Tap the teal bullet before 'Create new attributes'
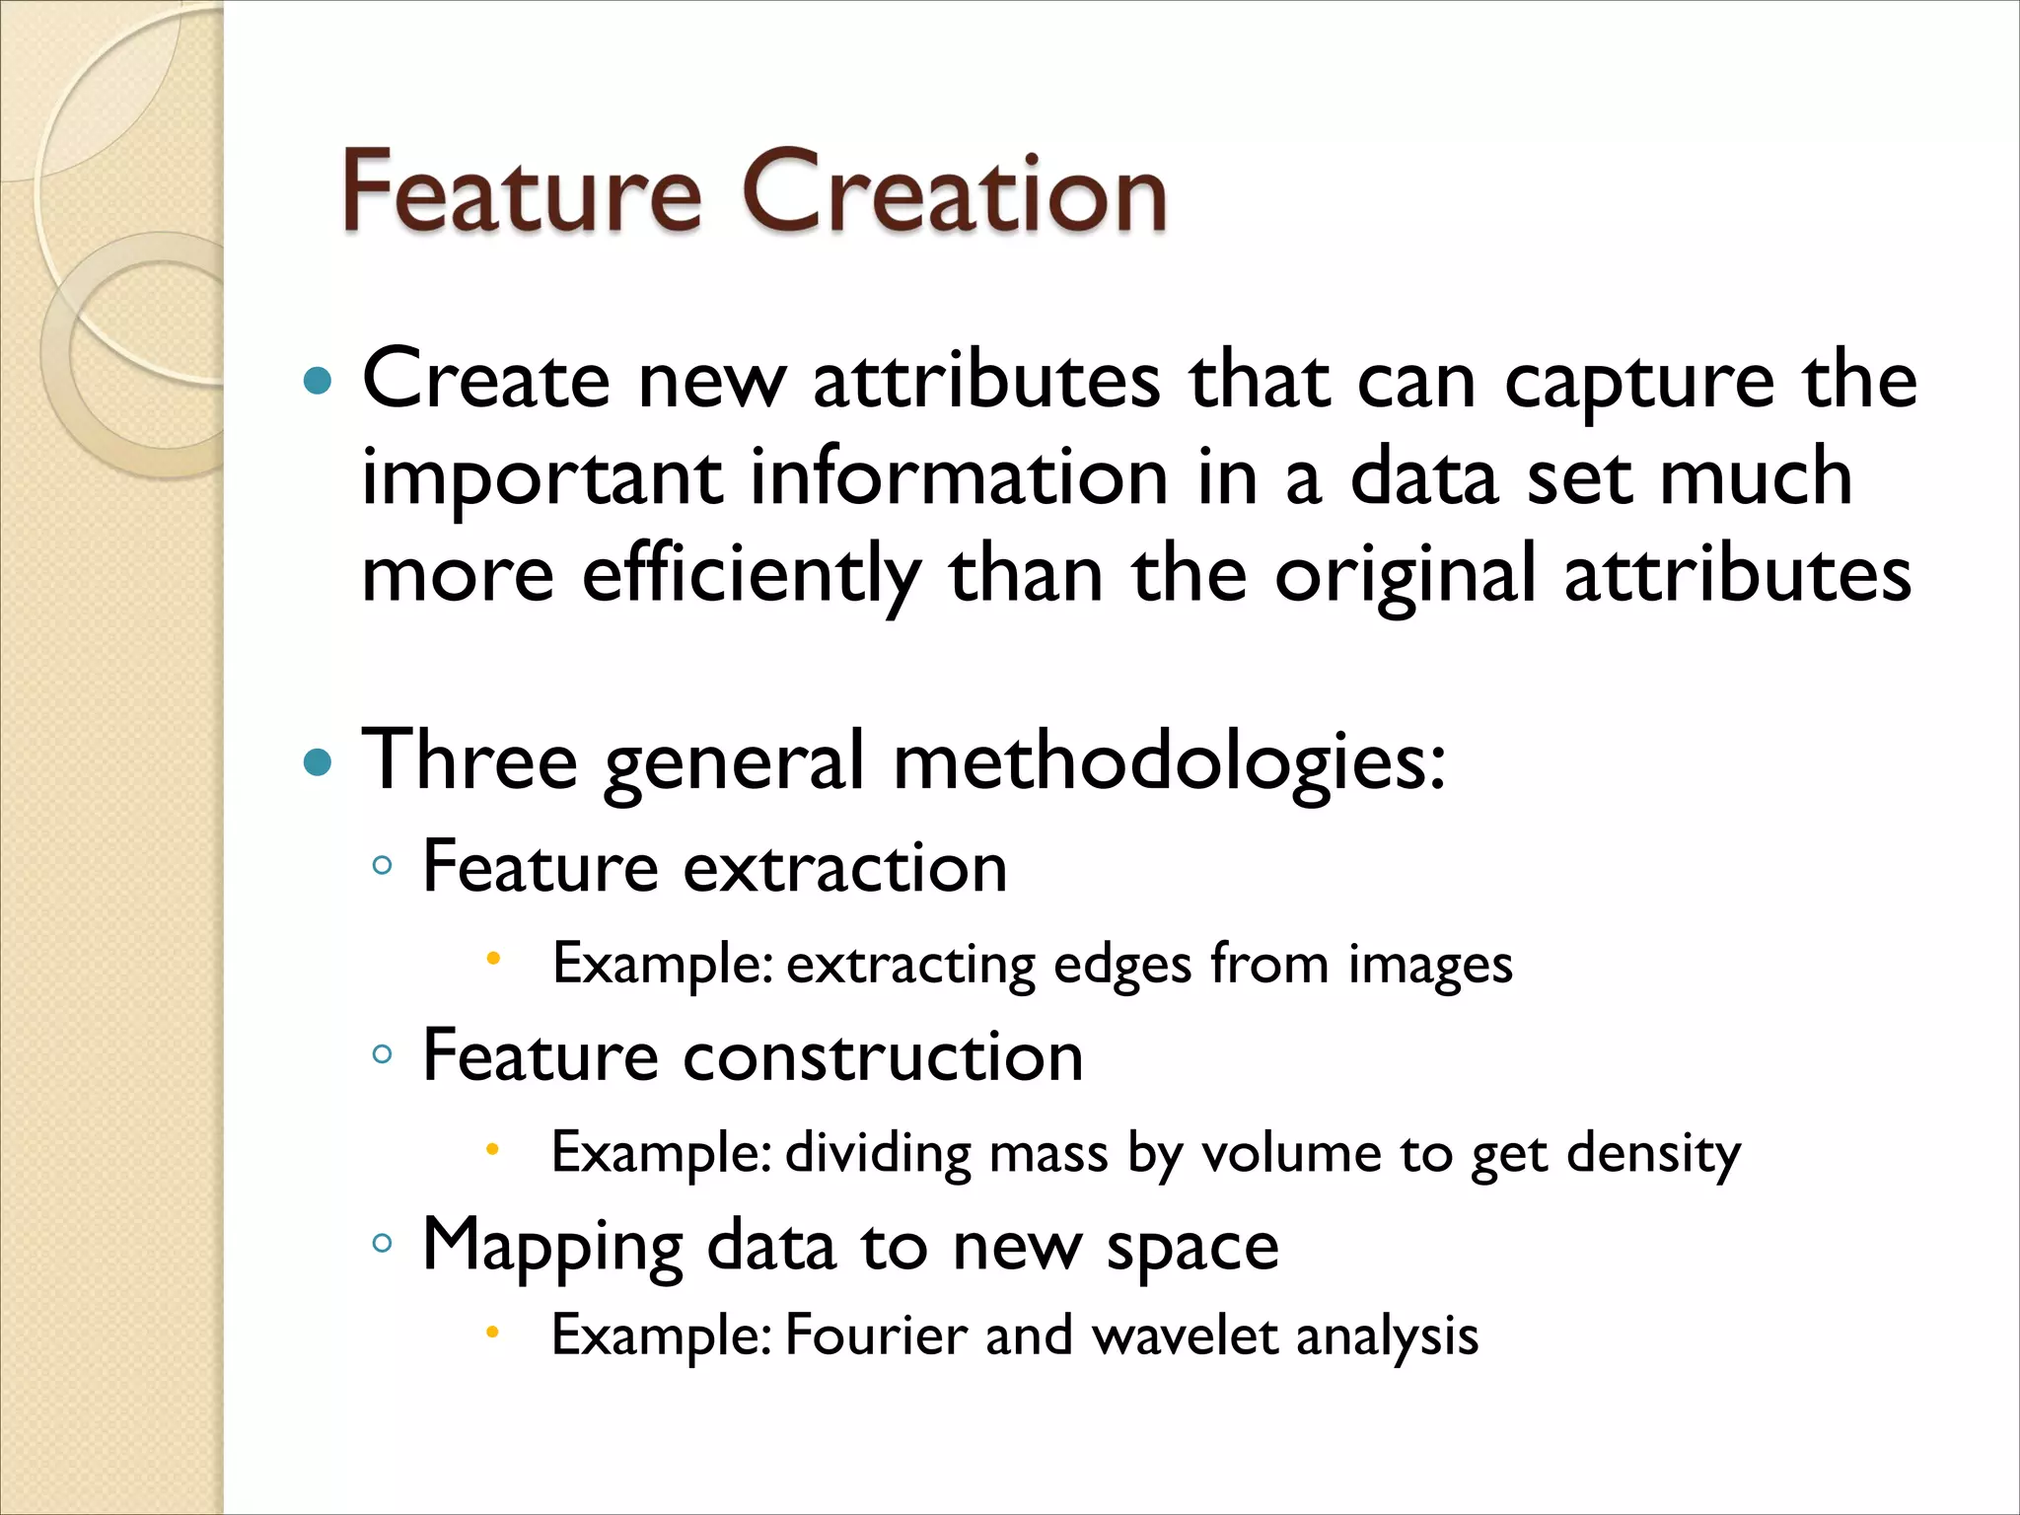(317, 382)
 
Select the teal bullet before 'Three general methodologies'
(317, 762)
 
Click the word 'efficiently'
(752, 576)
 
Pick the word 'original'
(1405, 576)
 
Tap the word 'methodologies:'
(1169, 762)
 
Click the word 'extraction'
(845, 868)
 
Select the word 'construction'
(883, 1056)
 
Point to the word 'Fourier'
(875, 1335)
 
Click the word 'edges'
(1122, 965)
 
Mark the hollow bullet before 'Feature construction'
(383, 1054)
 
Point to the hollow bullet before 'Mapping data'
(383, 1243)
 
